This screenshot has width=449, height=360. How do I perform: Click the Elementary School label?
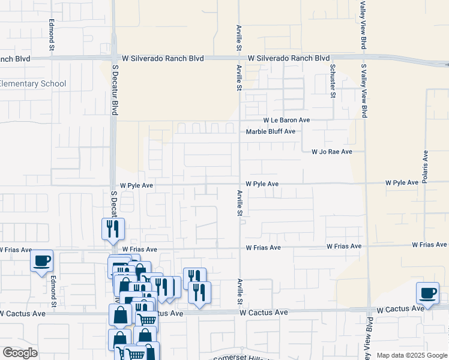coord(33,84)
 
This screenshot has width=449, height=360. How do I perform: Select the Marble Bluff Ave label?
coord(271,131)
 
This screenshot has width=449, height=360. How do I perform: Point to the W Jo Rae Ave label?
coord(331,152)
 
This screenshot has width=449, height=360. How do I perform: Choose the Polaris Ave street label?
coord(425,166)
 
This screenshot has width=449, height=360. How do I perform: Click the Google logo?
coord(20,353)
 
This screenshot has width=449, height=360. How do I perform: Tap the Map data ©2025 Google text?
coord(411,355)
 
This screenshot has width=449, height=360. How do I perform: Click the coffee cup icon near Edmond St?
coord(41,262)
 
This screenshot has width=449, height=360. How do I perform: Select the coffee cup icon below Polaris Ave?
coord(428,294)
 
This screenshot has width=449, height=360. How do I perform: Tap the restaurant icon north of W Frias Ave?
coord(112,229)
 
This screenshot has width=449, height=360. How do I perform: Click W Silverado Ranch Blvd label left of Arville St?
coord(163,59)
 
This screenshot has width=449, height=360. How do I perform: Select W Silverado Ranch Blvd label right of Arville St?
coord(289,59)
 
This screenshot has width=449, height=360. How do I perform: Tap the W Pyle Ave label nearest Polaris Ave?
coord(402,182)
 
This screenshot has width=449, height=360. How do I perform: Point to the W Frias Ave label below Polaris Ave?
coord(429,245)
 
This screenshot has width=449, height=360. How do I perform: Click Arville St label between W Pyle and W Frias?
coord(240,203)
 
